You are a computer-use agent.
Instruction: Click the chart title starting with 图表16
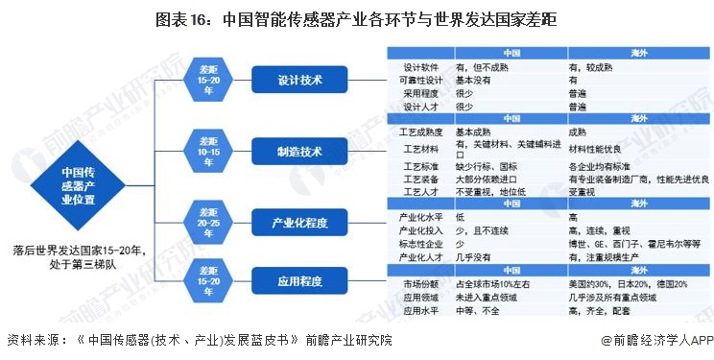pos(357,18)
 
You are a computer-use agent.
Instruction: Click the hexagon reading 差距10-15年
pos(208,151)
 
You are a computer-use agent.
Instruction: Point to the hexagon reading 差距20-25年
pos(208,224)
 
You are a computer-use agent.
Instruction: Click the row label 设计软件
pos(422,68)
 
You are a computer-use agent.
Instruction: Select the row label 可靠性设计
pos(422,81)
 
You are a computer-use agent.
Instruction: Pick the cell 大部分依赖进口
pos(491,180)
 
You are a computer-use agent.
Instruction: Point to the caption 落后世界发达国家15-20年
pos(79,251)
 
